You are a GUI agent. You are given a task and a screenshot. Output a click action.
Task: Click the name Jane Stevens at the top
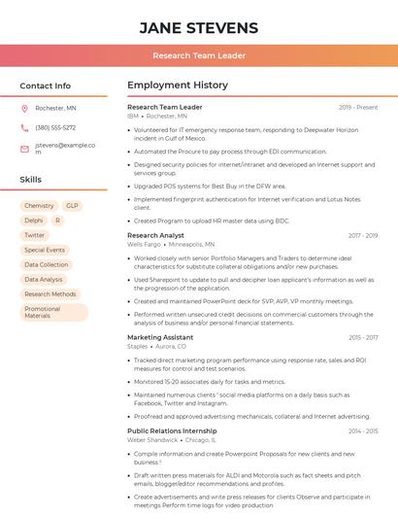199,27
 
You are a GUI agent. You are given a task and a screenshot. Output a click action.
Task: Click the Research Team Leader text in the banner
199,56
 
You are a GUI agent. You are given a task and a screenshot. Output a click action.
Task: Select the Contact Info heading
46,86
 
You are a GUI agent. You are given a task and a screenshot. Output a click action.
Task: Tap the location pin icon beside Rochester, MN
24,108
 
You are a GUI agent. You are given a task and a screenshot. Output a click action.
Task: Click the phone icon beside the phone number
24,127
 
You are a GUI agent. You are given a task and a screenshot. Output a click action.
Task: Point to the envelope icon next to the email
24,149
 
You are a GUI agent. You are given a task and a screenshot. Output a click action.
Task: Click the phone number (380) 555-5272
55,127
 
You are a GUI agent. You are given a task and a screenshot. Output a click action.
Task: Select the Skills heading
31,180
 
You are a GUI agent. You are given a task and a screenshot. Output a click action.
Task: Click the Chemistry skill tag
39,206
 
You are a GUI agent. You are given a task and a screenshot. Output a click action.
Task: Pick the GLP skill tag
72,206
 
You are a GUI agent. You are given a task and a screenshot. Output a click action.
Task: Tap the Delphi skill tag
34,221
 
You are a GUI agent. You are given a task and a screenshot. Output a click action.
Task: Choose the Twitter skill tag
35,235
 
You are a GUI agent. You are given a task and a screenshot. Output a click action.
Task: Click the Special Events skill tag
45,250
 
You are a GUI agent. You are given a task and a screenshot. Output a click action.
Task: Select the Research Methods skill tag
50,293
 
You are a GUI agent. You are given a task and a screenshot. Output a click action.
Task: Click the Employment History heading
178,86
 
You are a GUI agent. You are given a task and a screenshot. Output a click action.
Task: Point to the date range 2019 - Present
358,107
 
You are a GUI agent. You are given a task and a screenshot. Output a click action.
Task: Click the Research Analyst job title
155,235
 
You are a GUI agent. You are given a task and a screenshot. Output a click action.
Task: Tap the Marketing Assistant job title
160,337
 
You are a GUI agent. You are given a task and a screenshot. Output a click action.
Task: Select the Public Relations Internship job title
172,430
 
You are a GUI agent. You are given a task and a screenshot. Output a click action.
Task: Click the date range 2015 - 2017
363,337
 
